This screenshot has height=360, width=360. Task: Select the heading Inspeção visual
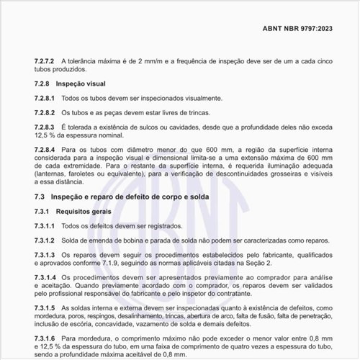(x=80, y=84)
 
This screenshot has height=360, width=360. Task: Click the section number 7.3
(x=40, y=196)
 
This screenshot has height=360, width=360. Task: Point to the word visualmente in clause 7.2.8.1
(x=200, y=98)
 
